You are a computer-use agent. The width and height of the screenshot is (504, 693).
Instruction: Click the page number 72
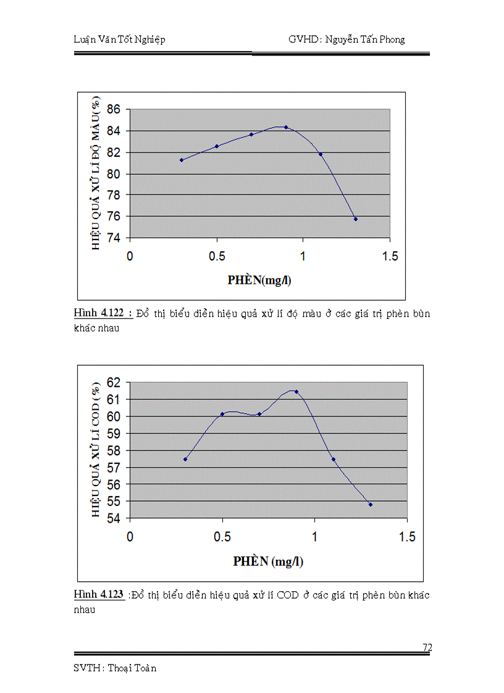point(427,647)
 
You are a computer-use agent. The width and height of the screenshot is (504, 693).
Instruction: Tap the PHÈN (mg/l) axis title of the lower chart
point(269,561)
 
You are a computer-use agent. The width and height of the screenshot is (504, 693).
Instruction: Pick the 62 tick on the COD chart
point(115,383)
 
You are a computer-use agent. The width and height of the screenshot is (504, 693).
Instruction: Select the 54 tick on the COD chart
point(115,518)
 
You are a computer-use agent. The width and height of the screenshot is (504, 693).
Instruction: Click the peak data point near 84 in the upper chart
point(286,127)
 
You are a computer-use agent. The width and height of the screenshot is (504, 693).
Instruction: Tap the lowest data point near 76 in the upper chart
point(356,219)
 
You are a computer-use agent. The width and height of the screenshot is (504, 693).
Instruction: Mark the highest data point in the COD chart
point(296,392)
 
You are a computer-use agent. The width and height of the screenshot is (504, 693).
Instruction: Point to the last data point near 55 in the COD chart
point(371,504)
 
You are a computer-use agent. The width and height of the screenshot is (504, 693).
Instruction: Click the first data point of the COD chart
point(185,459)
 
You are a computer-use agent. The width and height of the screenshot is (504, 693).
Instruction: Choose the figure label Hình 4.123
point(98,595)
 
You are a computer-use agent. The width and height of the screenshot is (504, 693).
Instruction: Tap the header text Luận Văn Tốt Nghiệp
point(119,39)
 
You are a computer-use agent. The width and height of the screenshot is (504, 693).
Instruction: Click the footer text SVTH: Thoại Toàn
point(114,668)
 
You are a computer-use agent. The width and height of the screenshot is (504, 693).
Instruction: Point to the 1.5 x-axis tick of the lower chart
point(407,537)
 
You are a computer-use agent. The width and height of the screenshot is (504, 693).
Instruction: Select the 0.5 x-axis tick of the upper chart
point(217,256)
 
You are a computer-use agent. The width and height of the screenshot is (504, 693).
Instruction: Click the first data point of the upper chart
point(182,160)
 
